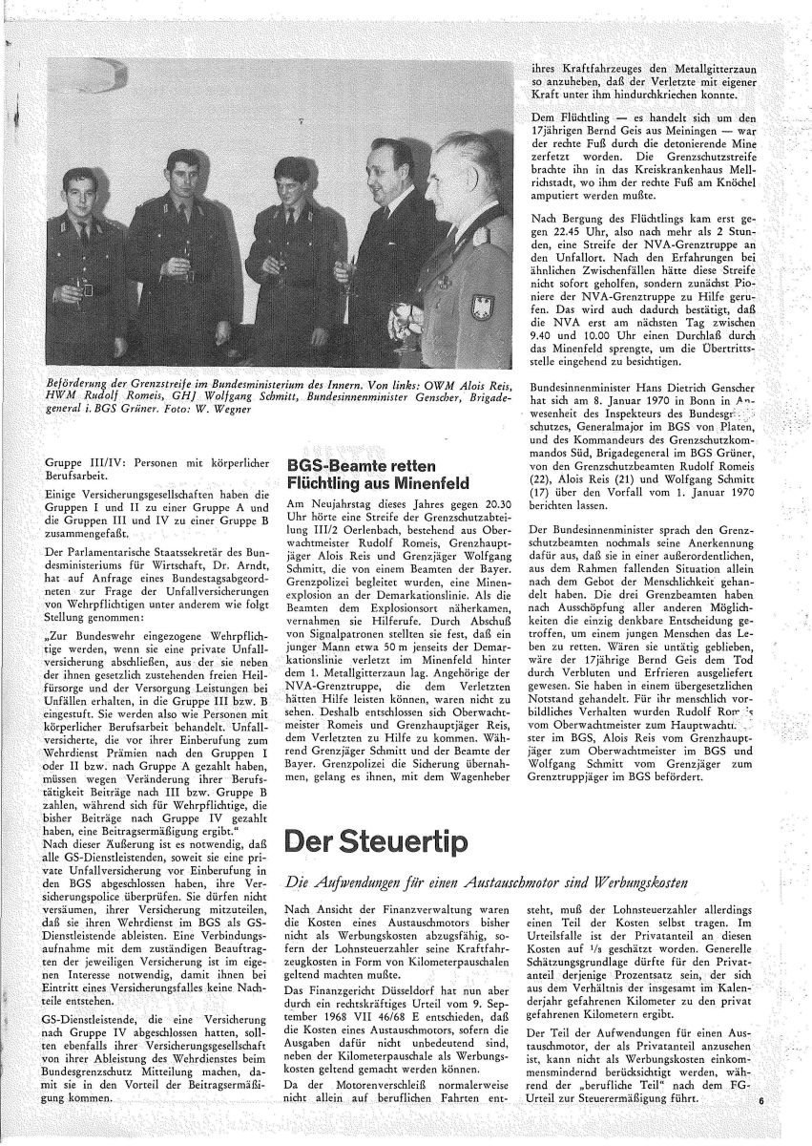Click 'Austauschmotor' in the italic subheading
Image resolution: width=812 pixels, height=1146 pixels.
(507, 885)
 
